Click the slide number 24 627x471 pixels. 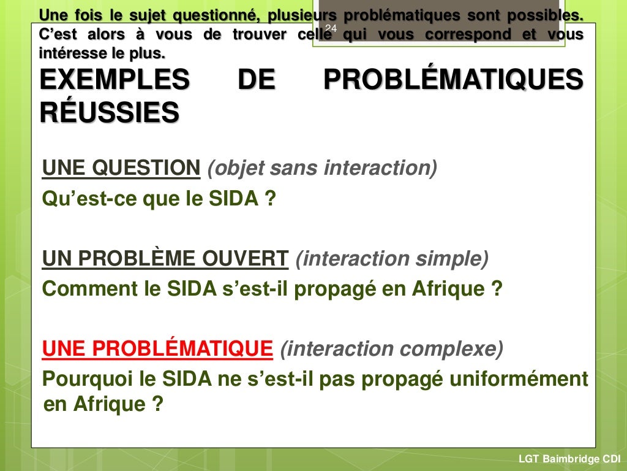pyautogui.click(x=331, y=29)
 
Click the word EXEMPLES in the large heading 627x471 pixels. pyautogui.click(x=115, y=81)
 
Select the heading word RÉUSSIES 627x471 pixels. pyautogui.click(x=110, y=113)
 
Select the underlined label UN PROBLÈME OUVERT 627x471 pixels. pyautogui.click(x=165, y=259)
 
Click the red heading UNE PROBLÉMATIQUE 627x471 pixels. pyautogui.click(x=157, y=349)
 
